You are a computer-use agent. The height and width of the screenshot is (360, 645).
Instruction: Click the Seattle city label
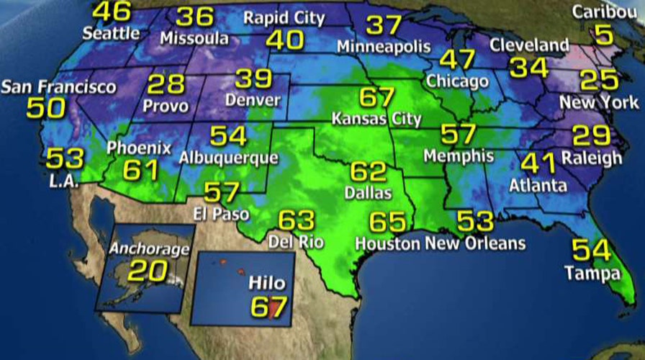point(111,32)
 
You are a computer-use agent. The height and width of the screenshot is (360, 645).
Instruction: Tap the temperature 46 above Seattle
point(112,11)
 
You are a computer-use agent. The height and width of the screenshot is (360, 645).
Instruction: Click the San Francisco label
point(58,87)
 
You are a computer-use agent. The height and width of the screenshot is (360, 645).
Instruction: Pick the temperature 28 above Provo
point(166,84)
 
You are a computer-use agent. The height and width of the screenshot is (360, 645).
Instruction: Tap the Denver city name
point(252,100)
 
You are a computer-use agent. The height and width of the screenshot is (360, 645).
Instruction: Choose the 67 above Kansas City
point(376,96)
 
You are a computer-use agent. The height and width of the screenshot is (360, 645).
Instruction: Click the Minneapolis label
point(384,48)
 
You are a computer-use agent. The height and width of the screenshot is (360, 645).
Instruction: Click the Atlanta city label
point(538,186)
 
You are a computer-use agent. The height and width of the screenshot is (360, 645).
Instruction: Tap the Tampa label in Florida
point(592,274)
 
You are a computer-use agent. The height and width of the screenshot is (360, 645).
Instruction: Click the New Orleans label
point(474,243)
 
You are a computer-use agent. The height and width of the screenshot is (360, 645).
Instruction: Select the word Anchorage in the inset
point(149,249)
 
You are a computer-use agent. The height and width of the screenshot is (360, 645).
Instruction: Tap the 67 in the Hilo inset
point(268,305)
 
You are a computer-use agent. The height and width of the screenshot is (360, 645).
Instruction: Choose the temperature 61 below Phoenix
point(140,171)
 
